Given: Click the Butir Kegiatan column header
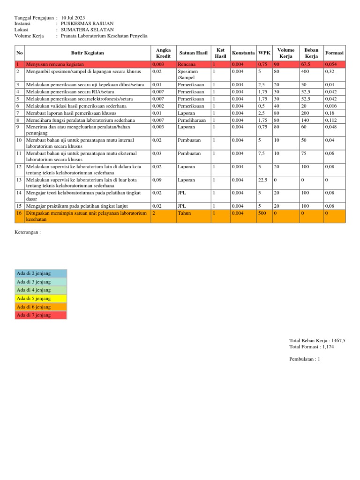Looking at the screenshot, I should pos(87,53).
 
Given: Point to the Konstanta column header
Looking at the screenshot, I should pos(243,53).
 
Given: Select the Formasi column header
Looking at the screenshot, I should pos(334,53).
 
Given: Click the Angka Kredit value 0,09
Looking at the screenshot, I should pos(157,180).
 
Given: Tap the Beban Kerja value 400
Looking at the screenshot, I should pos(305,71).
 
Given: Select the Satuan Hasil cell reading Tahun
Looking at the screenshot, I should pos(184,213).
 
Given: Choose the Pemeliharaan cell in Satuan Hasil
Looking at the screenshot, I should pos(191,120).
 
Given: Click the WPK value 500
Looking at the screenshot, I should pos(262,213).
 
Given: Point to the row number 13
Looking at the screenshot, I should pos(19,180).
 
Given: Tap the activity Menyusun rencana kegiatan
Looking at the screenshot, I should pos(55,64).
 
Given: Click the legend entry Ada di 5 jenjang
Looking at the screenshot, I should pos(34,298).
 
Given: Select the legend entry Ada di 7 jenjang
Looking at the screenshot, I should pos(34,315).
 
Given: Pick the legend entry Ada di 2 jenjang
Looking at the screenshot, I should pos(34,273).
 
